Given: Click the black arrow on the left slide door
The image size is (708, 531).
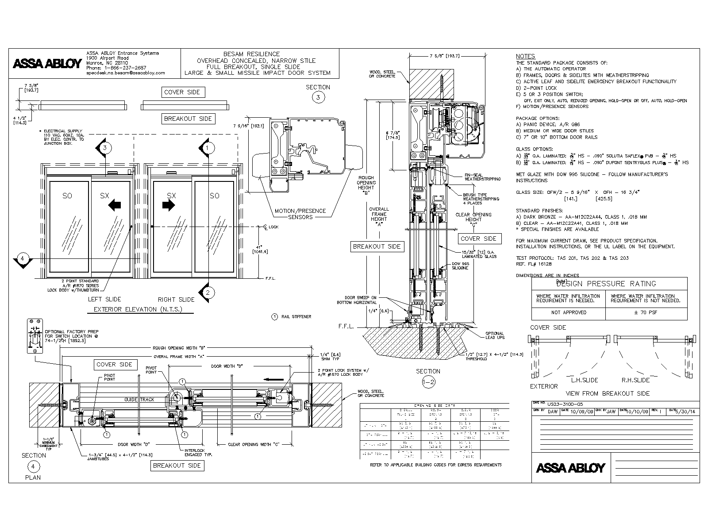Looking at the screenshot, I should (115, 205).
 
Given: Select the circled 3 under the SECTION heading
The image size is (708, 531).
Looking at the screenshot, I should (318, 97).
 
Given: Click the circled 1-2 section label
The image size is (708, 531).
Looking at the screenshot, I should (428, 383).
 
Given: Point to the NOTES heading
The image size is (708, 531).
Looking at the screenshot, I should (525, 56).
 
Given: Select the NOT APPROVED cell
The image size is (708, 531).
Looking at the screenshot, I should (569, 312).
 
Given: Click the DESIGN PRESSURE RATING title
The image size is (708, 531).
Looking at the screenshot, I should (609, 284).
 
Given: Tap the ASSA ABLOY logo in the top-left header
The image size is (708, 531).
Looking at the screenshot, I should (47, 64).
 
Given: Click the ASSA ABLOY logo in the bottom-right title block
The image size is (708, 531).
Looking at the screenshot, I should (570, 468).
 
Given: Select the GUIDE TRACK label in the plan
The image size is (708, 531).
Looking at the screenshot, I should (139, 400).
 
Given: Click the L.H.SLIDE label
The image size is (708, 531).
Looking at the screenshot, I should (585, 380).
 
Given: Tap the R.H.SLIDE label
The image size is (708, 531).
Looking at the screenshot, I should (635, 380).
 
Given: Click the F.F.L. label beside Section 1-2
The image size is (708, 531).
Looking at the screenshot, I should (346, 327).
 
